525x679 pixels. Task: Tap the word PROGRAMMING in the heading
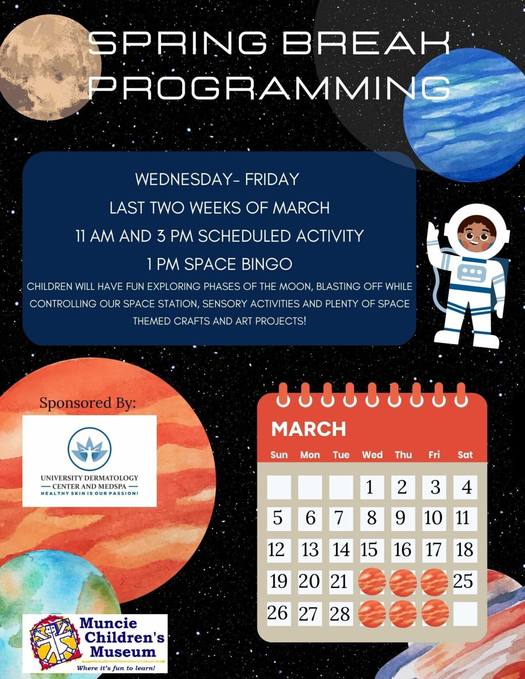269,87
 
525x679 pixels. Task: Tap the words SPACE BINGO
238,264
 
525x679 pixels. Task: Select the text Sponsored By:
88,403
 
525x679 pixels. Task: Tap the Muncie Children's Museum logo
95,643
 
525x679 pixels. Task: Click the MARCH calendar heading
308,429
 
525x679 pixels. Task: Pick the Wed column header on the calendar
372,455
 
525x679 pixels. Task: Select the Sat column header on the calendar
465,455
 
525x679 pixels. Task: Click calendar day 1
370,487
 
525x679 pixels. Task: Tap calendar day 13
310,550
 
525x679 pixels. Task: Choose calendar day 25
463,581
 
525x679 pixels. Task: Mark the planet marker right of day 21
372,582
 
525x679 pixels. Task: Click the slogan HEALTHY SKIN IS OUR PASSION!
89,493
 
